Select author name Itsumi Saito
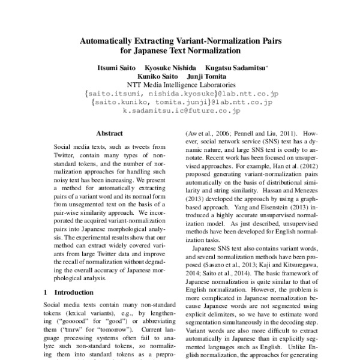pos(116,69)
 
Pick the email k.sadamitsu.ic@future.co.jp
pos(182,111)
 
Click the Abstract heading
pos(109,133)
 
